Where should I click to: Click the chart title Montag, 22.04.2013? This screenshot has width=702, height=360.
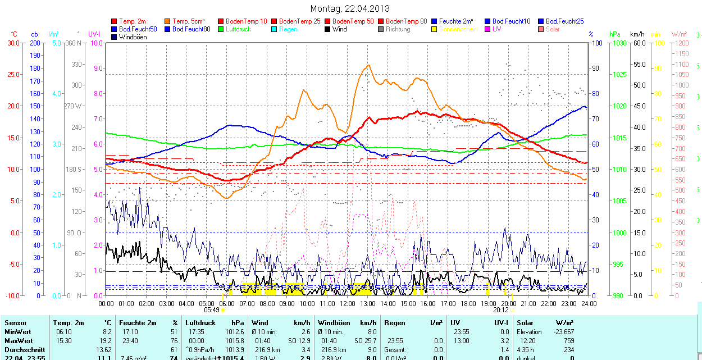tap(350, 9)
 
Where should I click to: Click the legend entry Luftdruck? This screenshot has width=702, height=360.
tap(238, 29)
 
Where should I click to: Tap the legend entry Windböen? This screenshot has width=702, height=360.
tap(133, 37)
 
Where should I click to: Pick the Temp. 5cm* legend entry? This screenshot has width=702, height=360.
tap(188, 21)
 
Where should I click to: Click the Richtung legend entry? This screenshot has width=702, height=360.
tap(398, 29)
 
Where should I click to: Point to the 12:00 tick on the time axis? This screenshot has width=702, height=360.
tap(347, 303)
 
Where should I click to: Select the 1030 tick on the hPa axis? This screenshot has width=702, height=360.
tap(619, 43)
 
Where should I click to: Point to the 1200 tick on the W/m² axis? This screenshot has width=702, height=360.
tap(681, 43)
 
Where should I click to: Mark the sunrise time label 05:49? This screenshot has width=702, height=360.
tap(211, 309)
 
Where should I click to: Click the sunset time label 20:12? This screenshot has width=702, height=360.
tap(501, 309)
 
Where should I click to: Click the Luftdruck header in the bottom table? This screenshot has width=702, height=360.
tap(200, 323)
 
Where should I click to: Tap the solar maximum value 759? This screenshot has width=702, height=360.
tap(568, 341)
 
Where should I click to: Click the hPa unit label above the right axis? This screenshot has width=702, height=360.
tap(614, 34)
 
